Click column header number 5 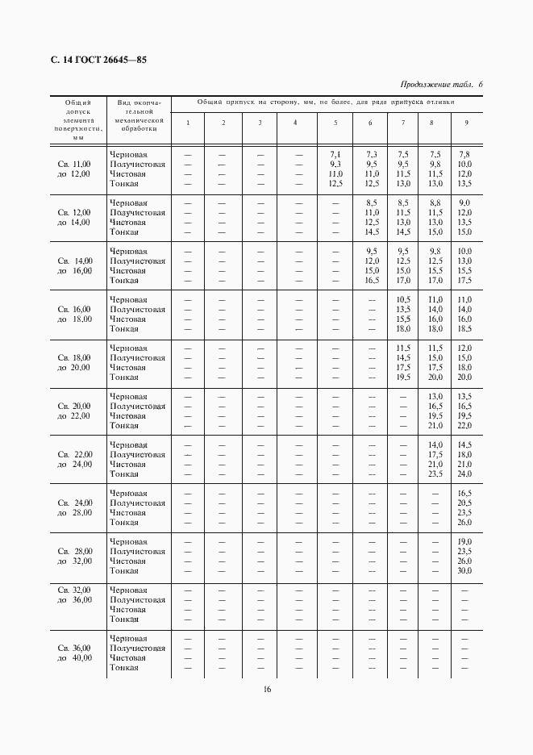point(335,123)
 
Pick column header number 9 point(465,123)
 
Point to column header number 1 point(188,123)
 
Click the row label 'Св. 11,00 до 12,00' point(74,169)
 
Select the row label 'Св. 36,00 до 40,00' point(74,653)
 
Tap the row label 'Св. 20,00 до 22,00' point(74,411)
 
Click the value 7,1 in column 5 point(335,155)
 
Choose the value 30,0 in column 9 point(464,571)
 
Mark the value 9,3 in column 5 point(335,165)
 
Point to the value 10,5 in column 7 point(403,300)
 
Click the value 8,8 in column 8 point(435,203)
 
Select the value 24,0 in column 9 point(464,474)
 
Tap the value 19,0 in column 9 point(464,542)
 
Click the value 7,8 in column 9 point(464,155)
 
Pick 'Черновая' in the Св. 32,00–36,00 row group point(128,590)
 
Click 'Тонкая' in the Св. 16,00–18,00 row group point(124,329)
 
